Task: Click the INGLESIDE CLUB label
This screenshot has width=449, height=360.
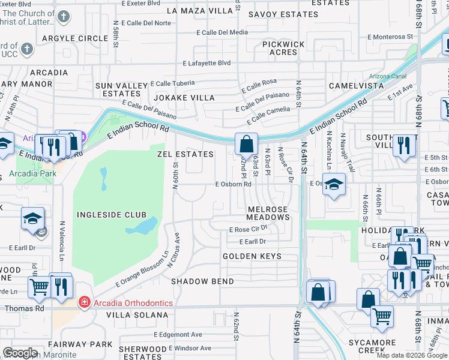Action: pos(111,214)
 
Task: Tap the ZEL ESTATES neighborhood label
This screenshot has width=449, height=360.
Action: pos(185,154)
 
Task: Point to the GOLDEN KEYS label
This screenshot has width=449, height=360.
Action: pos(252,256)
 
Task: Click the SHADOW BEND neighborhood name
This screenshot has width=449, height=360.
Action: pos(198,281)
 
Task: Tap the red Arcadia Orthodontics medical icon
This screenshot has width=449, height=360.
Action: pos(83,303)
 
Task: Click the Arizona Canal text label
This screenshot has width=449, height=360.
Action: pos(387,76)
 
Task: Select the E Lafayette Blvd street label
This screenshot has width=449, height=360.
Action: pos(207,63)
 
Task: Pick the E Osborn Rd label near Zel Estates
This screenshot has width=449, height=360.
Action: pos(233,184)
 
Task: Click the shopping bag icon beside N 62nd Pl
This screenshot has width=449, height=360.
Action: pos(246,144)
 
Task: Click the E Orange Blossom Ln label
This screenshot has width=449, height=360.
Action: pos(140,269)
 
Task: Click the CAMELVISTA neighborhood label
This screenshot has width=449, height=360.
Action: pos(356,86)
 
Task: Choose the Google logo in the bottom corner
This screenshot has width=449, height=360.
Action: pos(20,353)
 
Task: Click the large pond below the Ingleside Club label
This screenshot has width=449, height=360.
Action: pos(142,226)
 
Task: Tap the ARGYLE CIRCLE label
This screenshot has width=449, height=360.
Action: pos(75,38)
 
